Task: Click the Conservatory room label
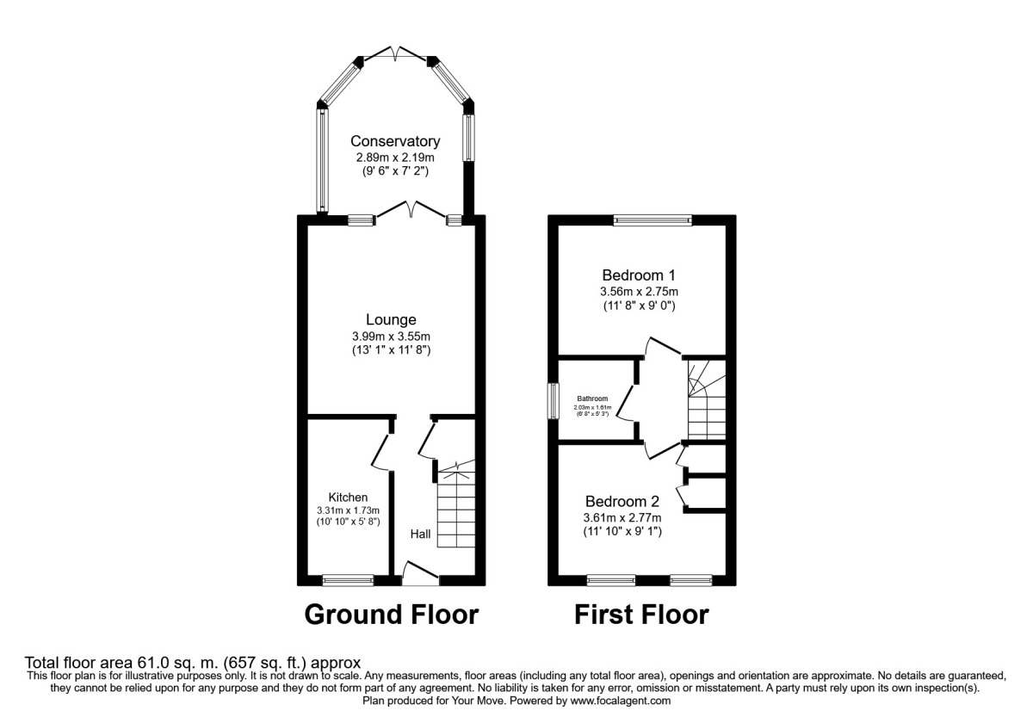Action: pyautogui.click(x=395, y=141)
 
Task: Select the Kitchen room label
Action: pyautogui.click(x=348, y=497)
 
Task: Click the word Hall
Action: pyautogui.click(x=420, y=535)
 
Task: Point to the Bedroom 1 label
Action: pyautogui.click(x=638, y=275)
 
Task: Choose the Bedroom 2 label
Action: pyautogui.click(x=622, y=501)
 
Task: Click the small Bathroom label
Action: pyautogui.click(x=592, y=399)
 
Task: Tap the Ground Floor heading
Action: pyautogui.click(x=391, y=615)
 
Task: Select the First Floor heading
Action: pyautogui.click(x=642, y=615)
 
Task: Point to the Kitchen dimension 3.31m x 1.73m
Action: pyautogui.click(x=348, y=510)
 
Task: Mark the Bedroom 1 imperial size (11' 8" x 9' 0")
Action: pyautogui.click(x=638, y=306)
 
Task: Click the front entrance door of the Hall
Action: pyautogui.click(x=421, y=575)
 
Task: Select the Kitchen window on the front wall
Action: pyautogui.click(x=348, y=581)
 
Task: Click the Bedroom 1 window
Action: pyautogui.click(x=653, y=219)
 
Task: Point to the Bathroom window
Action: pyautogui.click(x=554, y=402)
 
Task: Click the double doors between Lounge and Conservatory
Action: pyautogui.click(x=411, y=212)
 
